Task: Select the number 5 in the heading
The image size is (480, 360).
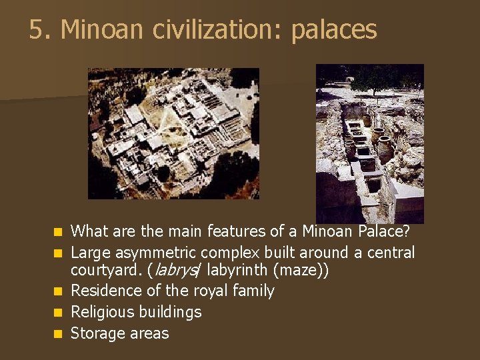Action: [x=36, y=30]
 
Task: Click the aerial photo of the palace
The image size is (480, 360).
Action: [x=173, y=133]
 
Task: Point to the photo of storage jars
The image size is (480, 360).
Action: [x=369, y=143]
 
